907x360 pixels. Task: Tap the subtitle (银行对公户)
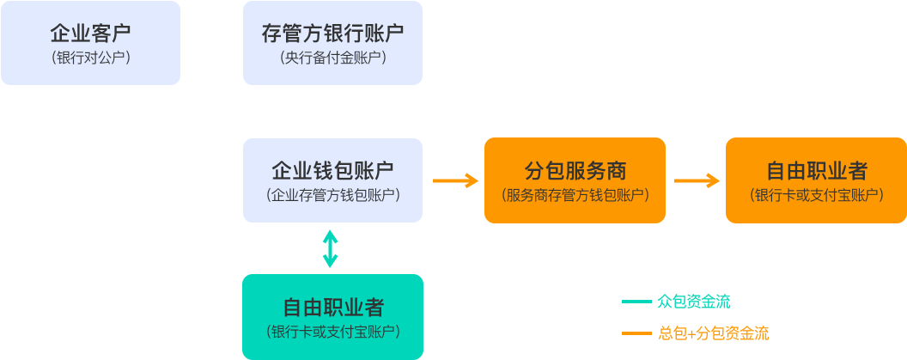[90, 58]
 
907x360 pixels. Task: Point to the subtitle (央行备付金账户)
[332, 58]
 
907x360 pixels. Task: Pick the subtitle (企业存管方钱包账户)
[332, 195]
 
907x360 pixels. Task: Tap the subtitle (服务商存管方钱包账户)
[575, 195]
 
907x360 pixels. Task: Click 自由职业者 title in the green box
[332, 307]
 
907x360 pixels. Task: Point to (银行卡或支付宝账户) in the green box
[332, 332]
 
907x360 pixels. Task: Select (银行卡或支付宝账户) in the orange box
[816, 195]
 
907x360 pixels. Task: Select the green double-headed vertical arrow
[331, 248]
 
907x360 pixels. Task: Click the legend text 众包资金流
[693, 302]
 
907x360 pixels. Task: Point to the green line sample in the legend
[636, 302]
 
